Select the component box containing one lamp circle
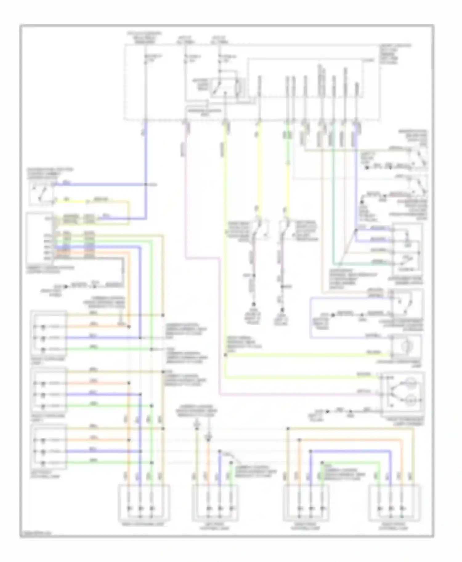(406, 346)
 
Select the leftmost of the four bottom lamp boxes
(144, 503)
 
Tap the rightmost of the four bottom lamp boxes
(395, 503)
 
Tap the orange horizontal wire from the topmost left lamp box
(92, 327)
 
